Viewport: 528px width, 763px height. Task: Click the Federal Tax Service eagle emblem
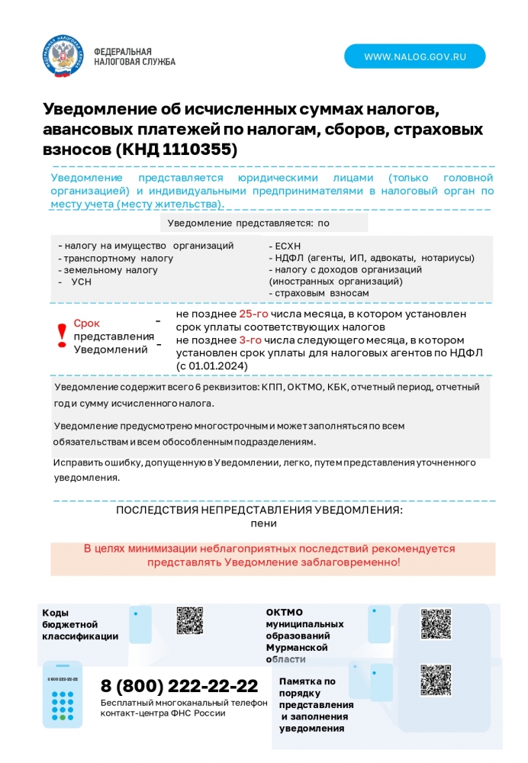[63, 56]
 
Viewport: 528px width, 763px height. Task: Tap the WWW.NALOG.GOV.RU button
[414, 56]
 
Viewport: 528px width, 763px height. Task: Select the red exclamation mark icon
[63, 335]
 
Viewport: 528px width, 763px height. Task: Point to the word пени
[263, 523]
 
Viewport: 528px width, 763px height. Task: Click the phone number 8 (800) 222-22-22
[179, 685]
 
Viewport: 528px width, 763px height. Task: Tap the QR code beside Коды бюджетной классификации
[190, 620]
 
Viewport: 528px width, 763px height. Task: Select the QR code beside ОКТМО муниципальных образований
[436, 623]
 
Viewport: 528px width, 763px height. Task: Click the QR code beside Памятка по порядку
[436, 680]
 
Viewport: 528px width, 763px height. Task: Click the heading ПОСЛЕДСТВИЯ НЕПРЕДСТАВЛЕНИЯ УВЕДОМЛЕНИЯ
[259, 510]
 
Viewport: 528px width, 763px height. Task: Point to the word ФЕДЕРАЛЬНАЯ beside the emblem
[122, 51]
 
